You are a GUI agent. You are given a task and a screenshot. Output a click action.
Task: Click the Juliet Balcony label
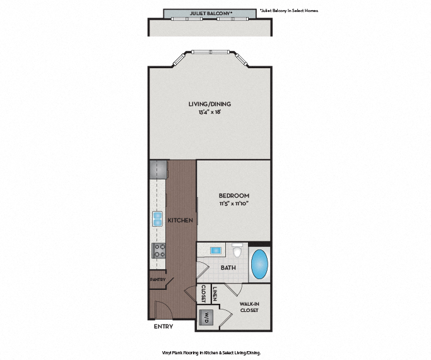click(x=210, y=13)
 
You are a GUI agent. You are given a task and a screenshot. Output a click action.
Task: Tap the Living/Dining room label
click(x=210, y=104)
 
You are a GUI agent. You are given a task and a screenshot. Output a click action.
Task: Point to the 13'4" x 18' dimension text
click(x=210, y=113)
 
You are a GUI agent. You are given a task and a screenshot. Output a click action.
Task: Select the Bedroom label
click(x=234, y=196)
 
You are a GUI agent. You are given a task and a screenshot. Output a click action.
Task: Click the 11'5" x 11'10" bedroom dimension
click(x=234, y=204)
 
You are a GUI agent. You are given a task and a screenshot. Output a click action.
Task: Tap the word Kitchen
click(x=180, y=220)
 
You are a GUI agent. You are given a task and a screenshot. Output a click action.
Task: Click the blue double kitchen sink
click(x=157, y=219)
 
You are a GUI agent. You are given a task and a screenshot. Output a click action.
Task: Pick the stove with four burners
click(x=158, y=250)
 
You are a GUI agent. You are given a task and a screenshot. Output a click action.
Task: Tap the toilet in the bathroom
click(x=238, y=251)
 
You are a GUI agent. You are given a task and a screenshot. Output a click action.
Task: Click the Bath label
click(x=228, y=268)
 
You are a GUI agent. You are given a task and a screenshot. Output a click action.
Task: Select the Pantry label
click(x=157, y=279)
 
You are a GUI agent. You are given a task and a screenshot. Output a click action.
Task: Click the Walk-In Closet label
click(x=249, y=307)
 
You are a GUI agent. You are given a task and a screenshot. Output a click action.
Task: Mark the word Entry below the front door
click(x=163, y=327)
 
